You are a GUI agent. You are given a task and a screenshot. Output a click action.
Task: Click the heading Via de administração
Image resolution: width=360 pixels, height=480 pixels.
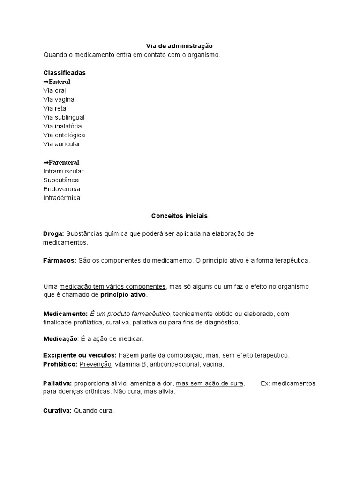pos(180,46)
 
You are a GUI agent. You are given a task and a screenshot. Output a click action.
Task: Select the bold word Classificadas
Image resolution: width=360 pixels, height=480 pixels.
pos(64,73)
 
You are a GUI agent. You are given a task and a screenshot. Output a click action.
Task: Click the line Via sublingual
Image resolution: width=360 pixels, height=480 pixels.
pos(64,117)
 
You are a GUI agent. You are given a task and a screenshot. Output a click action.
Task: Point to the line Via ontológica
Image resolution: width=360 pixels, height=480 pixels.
pos(64,135)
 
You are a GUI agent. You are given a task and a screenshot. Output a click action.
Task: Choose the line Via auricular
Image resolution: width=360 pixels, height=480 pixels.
pos(61,144)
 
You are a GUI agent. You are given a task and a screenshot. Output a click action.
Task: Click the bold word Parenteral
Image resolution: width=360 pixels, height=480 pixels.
pos(64,162)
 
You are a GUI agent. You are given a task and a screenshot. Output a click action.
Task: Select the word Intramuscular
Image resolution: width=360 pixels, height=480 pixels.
pos(63,171)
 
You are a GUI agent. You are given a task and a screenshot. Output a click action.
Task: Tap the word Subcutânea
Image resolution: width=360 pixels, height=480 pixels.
pos(61,180)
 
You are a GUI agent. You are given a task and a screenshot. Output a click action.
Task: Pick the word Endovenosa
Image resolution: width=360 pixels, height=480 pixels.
pos(61,189)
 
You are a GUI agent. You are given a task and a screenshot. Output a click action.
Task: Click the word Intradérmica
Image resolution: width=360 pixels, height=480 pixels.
pos(61,198)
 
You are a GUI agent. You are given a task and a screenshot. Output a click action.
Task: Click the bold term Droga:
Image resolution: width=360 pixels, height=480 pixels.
pos(53,233)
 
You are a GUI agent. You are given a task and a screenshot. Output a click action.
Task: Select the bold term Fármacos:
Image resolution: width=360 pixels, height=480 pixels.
pos(60,260)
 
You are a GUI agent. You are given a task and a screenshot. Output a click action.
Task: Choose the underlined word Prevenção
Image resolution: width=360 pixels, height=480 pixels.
pos(96,364)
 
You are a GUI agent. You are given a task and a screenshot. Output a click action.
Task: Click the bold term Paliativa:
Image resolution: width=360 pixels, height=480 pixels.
pos(58,383)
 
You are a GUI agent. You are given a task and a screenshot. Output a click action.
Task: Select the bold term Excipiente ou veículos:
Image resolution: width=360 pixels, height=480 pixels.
pos(80,355)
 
